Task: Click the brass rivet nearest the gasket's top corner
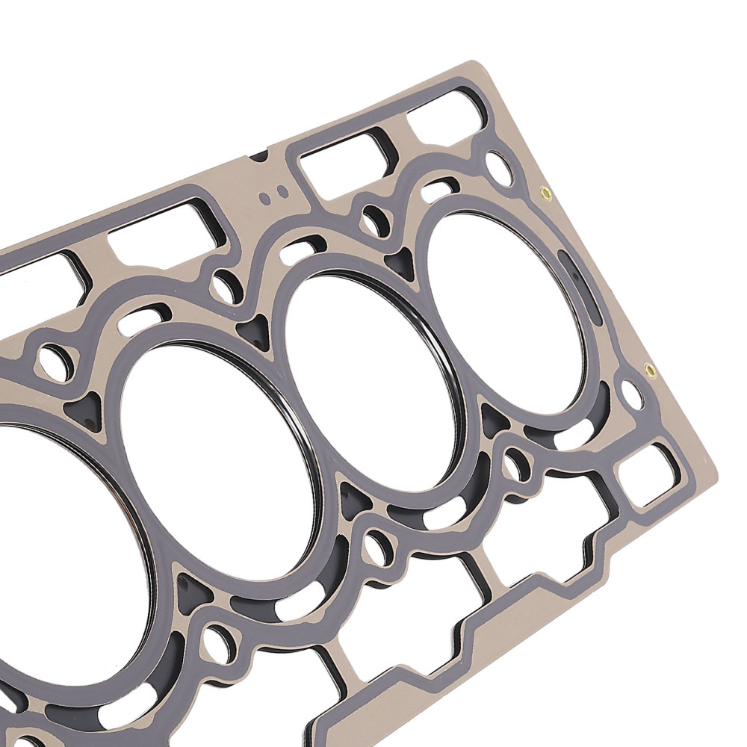tap(545, 193)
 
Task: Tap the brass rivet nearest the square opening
tap(649, 370)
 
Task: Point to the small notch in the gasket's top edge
tap(258, 156)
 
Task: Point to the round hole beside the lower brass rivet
tap(632, 394)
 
